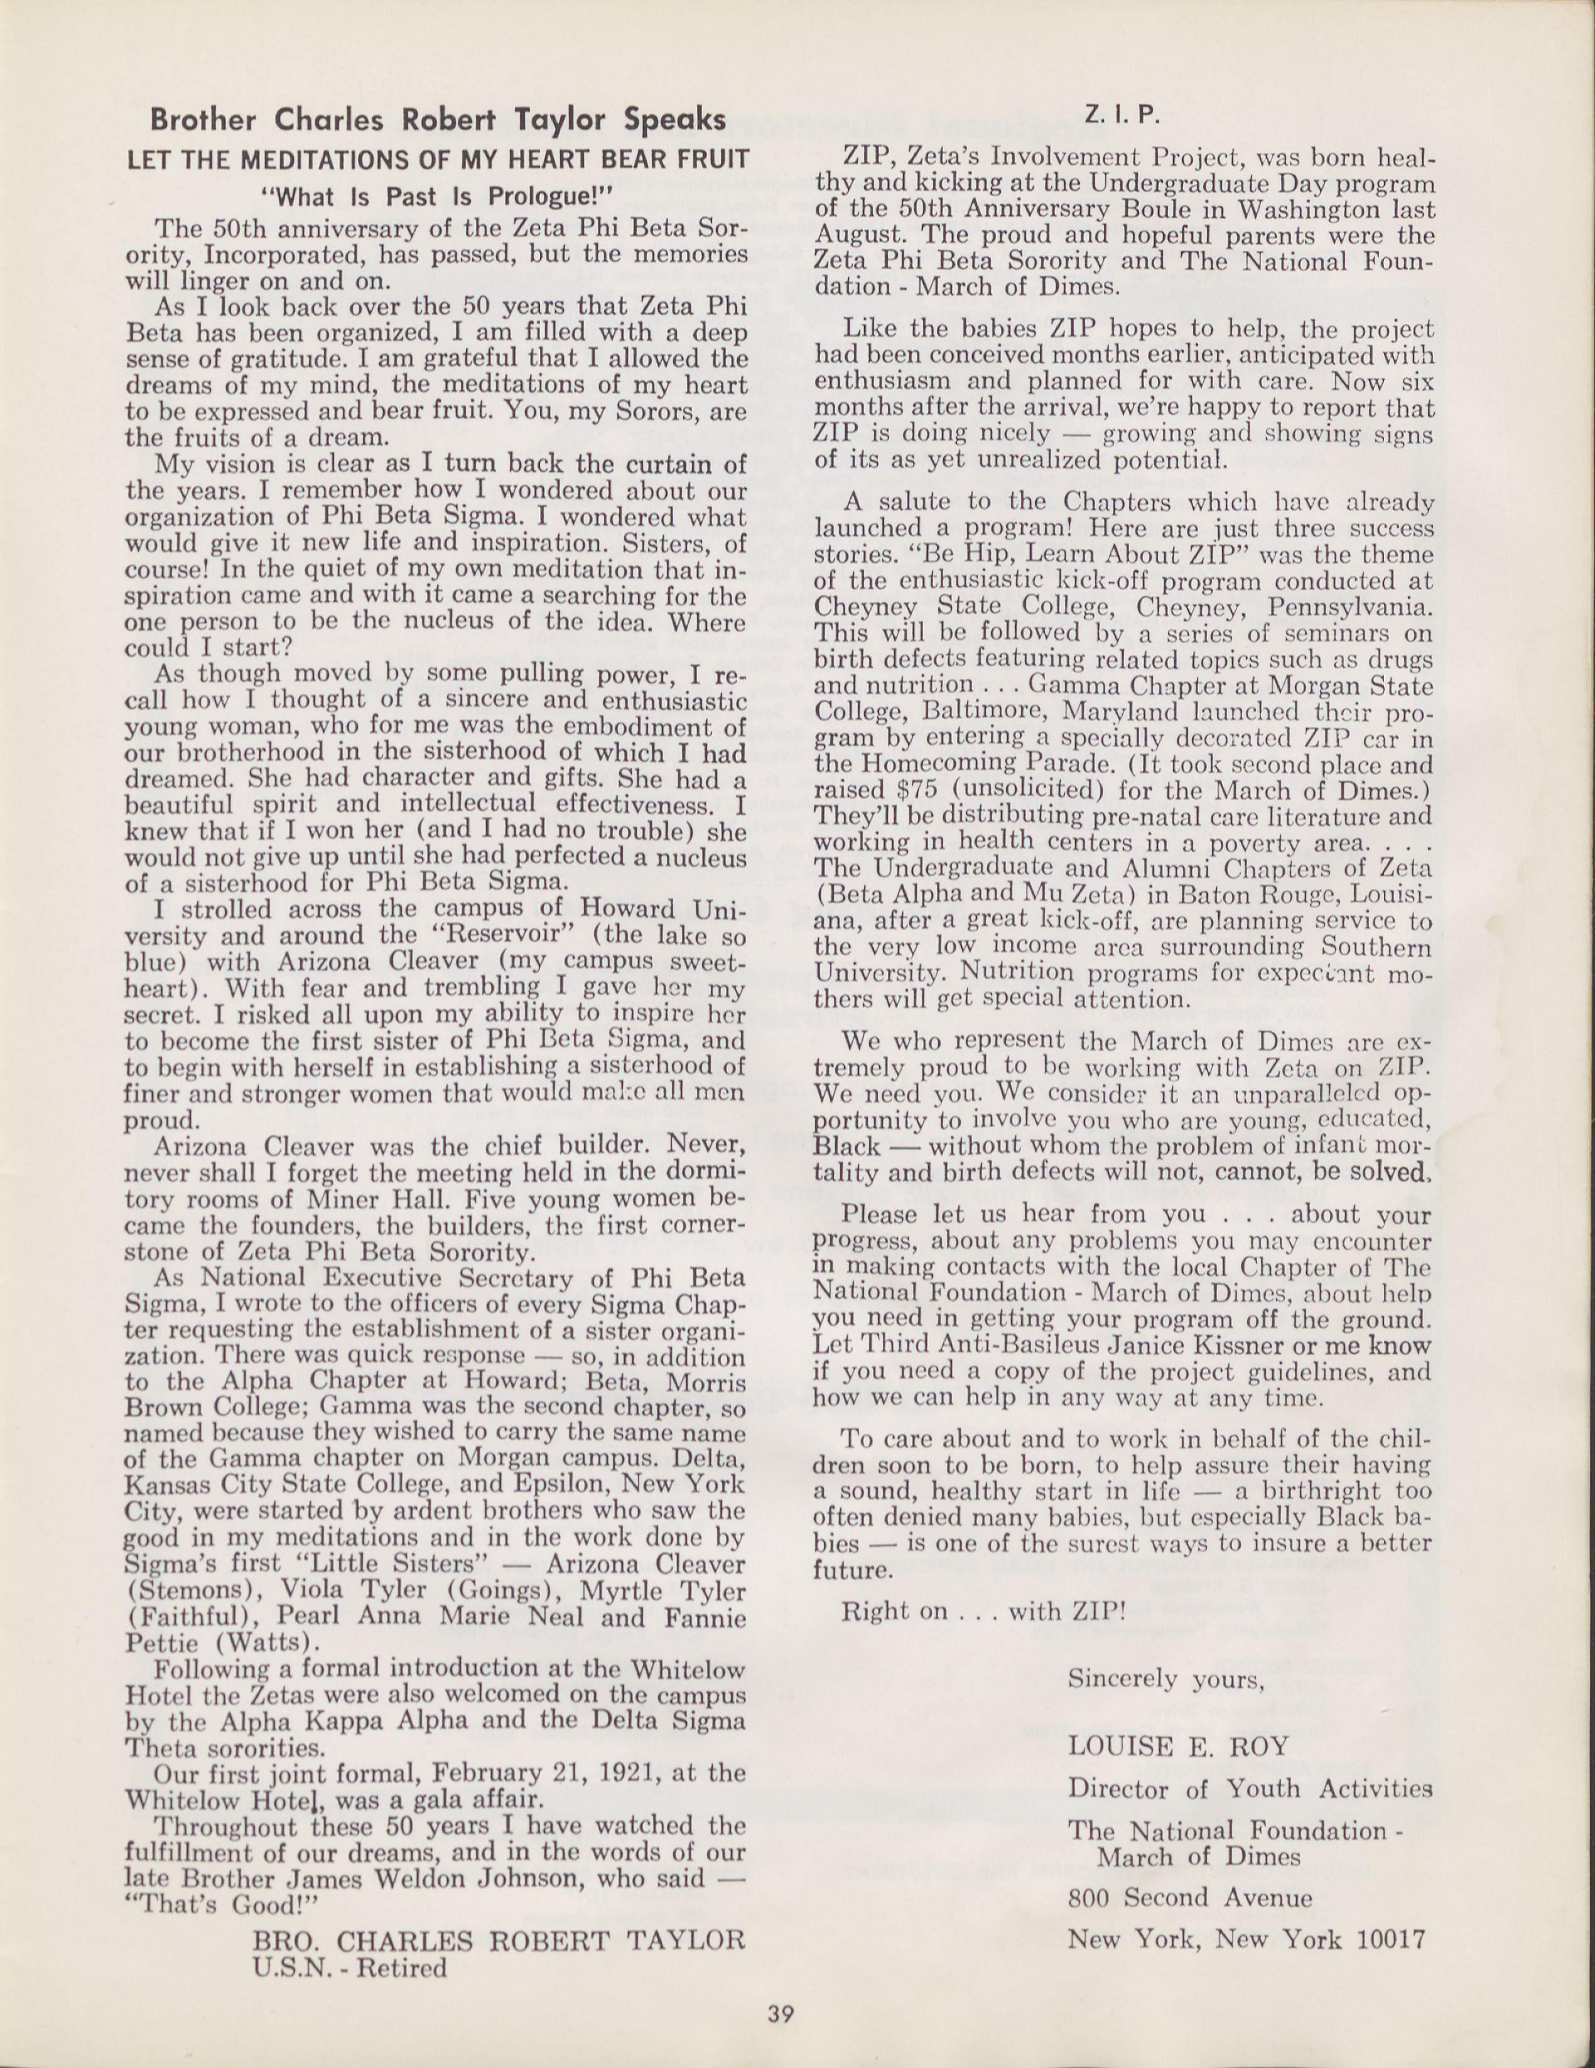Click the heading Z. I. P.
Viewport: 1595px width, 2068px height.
click(1123, 115)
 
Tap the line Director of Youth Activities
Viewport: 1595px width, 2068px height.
click(1249, 1787)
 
